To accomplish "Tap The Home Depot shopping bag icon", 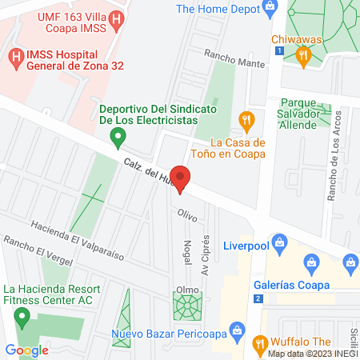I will (270, 10).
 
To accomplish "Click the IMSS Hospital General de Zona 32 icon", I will (16, 57).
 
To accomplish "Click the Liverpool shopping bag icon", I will (279, 241).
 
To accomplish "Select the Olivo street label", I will (187, 214).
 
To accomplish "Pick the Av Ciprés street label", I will (206, 255).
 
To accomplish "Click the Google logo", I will (27, 350).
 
